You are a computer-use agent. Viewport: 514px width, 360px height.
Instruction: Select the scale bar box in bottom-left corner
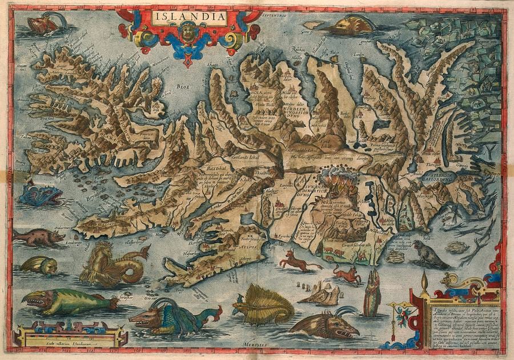pos(71,335)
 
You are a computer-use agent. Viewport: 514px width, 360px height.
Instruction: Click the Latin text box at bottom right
pos(460,323)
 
